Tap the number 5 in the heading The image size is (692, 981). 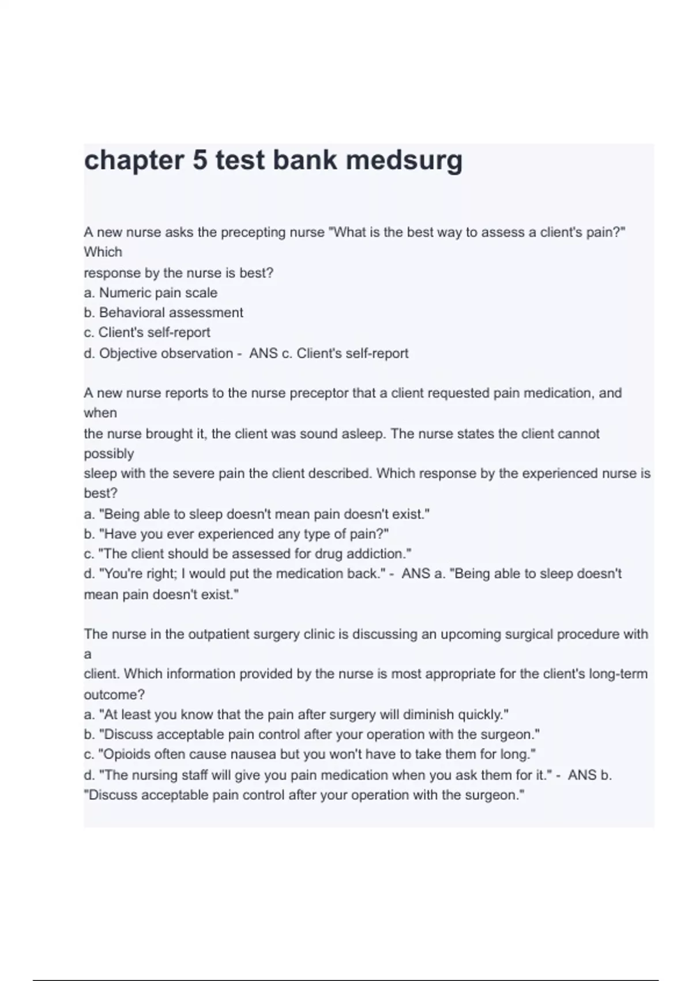pos(200,159)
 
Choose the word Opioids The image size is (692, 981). pos(125,754)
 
